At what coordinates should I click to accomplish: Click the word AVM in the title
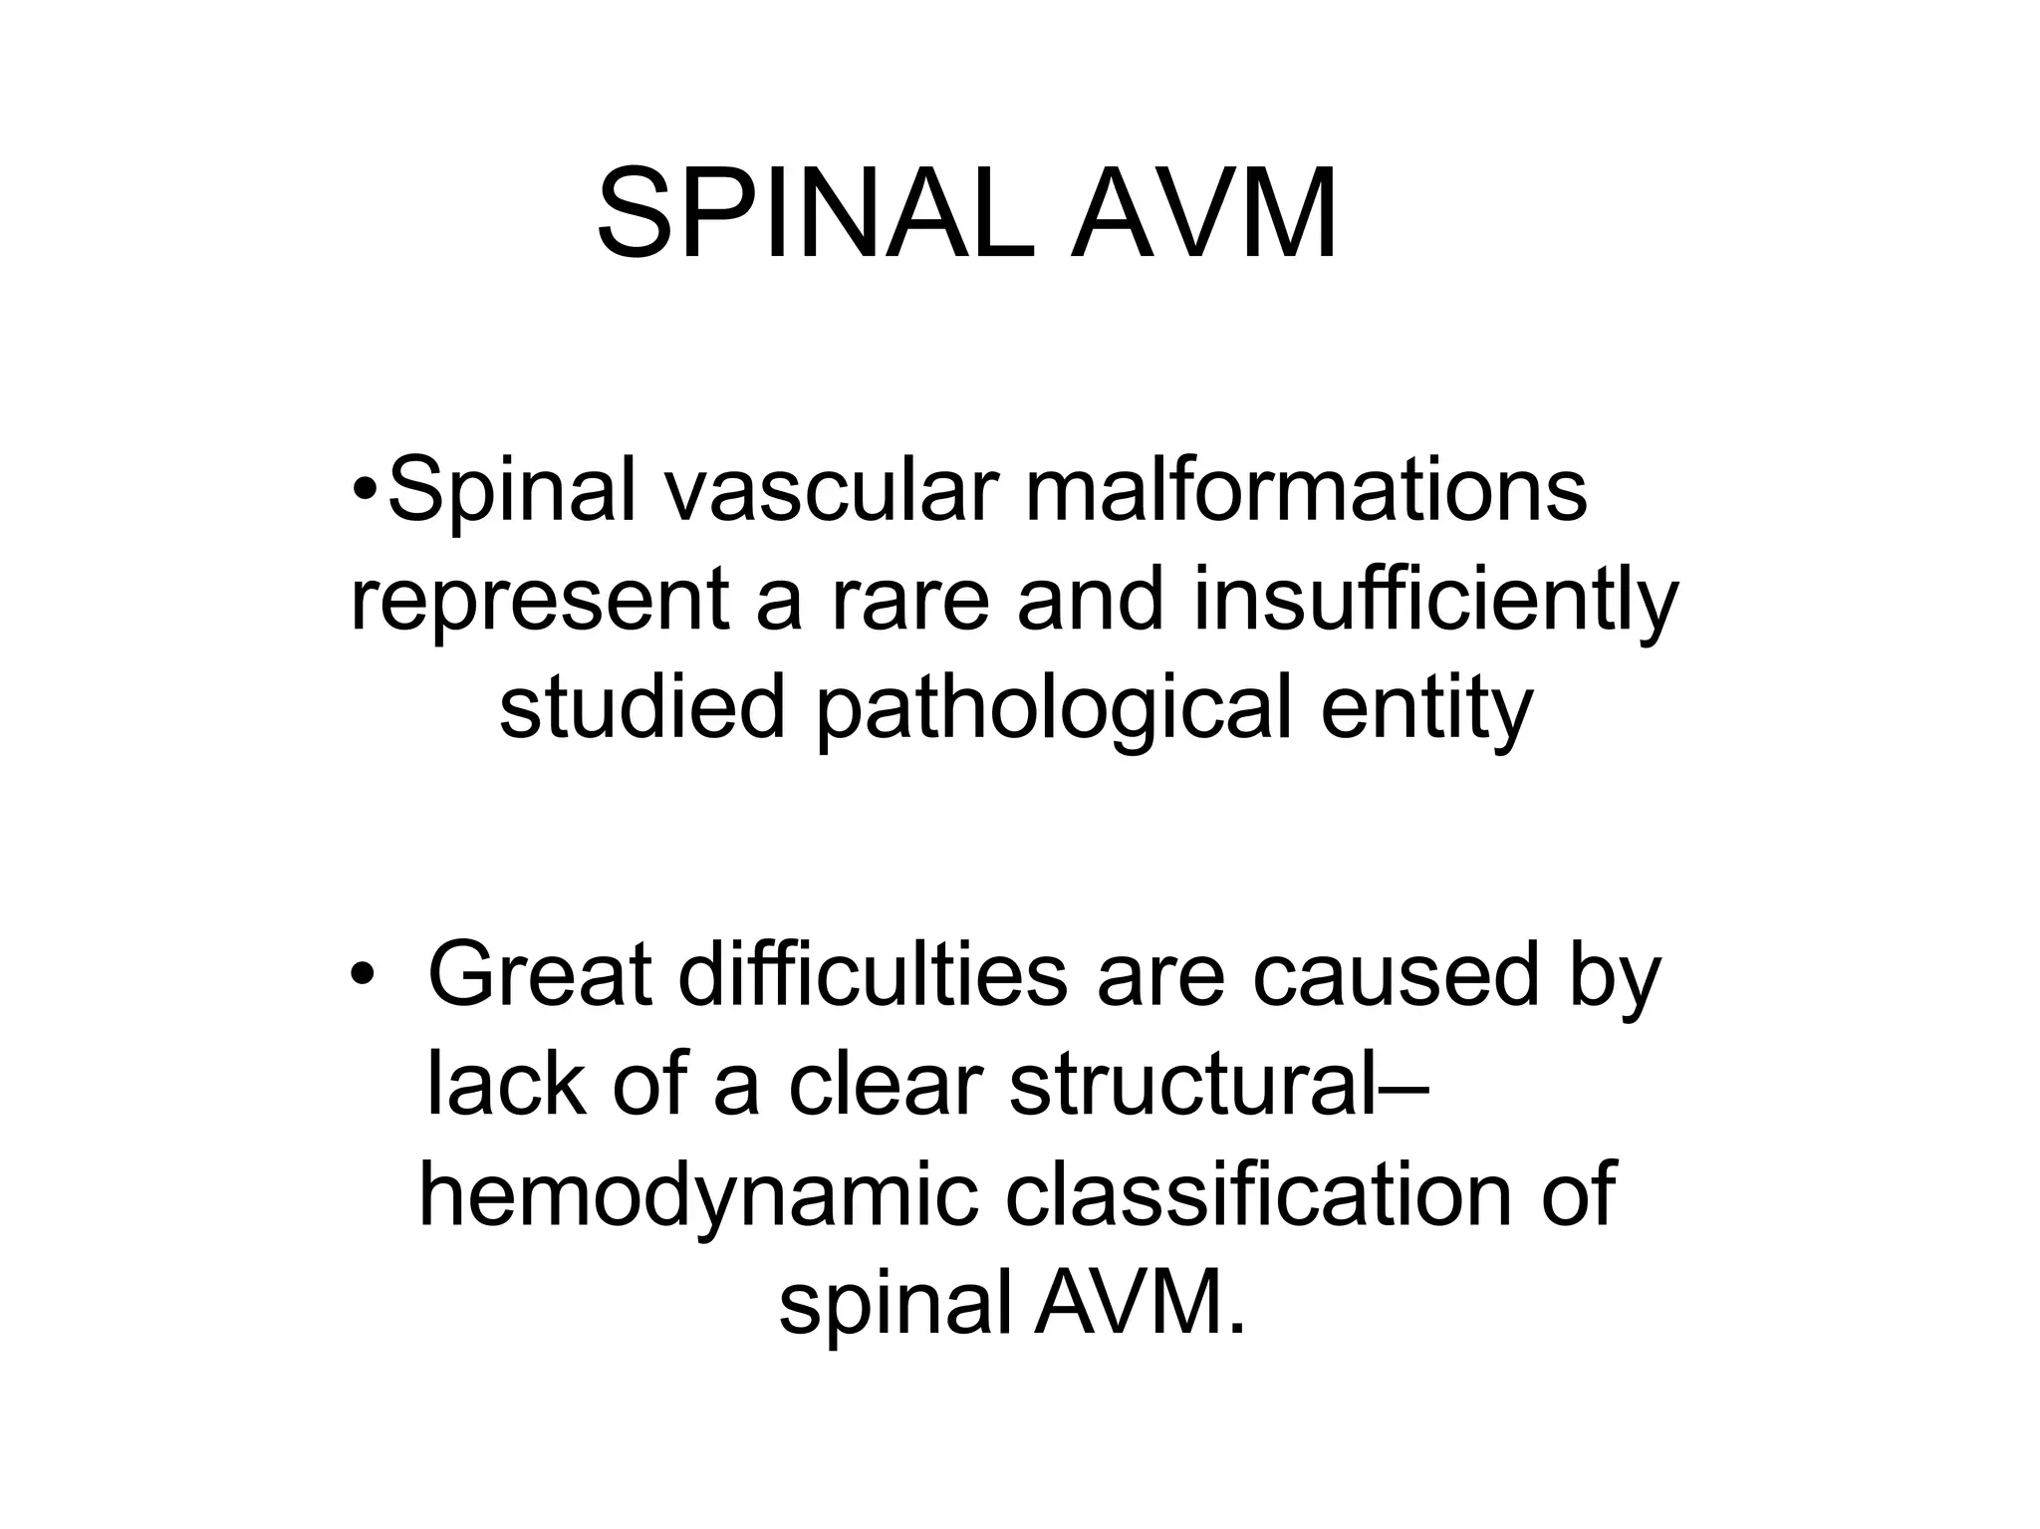(1204, 213)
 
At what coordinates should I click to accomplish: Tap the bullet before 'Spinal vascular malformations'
(366, 491)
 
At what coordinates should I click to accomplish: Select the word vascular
(831, 491)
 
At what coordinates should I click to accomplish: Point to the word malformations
(1305, 491)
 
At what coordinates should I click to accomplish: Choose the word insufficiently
(1434, 603)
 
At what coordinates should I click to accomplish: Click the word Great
(540, 975)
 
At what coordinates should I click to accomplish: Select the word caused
(1396, 975)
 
